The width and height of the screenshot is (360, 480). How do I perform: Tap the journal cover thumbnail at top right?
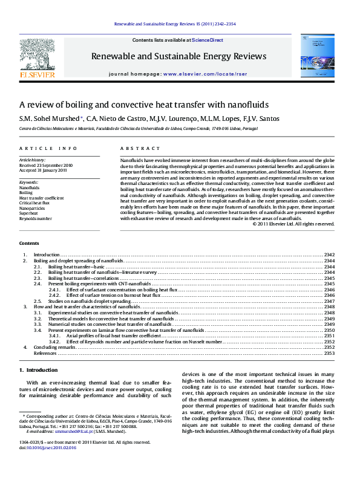(x=316, y=56)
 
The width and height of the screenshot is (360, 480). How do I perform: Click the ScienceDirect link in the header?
(x=208, y=40)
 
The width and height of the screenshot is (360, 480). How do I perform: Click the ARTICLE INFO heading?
(x=48, y=149)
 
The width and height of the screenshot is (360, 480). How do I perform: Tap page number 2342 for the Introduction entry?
(x=329, y=255)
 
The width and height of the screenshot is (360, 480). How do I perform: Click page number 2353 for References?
(x=329, y=353)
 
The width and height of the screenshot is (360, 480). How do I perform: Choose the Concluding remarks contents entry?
(x=54, y=348)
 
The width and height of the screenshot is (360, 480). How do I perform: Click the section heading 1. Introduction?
(x=39, y=370)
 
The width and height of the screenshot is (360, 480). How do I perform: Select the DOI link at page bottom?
(x=48, y=464)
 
